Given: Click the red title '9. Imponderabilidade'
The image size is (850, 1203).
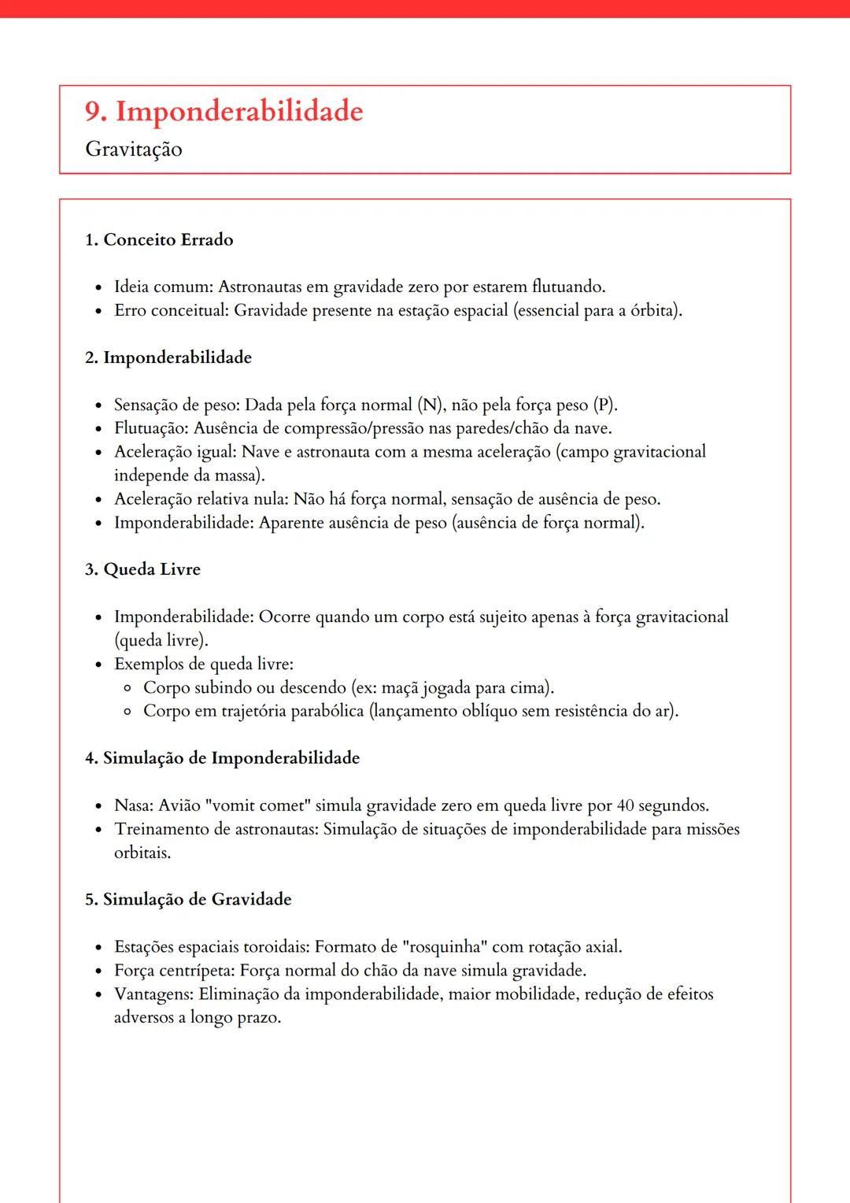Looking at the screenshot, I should point(224,112).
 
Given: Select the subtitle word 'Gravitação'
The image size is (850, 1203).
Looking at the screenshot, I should point(134,150).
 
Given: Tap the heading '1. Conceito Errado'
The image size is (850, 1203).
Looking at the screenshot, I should point(159,239).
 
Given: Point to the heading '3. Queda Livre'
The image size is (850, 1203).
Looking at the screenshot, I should point(142,569).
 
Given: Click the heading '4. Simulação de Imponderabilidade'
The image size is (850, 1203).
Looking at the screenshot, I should point(222,758).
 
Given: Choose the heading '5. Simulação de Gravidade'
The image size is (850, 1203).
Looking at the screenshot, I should point(188,899).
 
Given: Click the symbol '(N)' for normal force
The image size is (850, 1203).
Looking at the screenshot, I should point(431,405).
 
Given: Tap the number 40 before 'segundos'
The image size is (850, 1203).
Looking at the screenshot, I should point(625,805).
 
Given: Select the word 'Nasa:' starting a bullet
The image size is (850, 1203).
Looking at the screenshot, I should point(134,805).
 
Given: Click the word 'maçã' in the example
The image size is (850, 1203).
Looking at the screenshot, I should point(400,687).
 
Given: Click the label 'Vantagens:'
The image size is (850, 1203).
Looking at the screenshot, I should point(153,994).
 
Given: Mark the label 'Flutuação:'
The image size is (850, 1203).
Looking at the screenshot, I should point(151,428).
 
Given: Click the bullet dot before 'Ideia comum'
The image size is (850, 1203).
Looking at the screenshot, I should point(98,288).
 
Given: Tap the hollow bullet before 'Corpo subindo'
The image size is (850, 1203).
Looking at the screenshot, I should point(128,688).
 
